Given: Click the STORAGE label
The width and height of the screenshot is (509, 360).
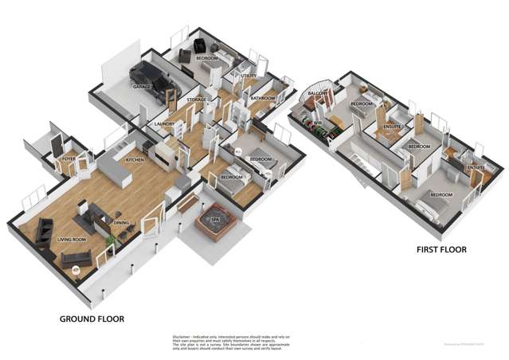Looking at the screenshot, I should point(197,100).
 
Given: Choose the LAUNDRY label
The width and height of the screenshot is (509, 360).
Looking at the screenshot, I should point(165,124).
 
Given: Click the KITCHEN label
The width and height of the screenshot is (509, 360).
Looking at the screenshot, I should point(135,160).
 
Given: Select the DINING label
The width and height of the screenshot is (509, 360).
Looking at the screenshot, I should point(121,223).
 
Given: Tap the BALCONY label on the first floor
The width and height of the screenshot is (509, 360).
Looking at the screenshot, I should point(319,94).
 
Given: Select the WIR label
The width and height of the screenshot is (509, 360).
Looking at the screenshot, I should point(316,124).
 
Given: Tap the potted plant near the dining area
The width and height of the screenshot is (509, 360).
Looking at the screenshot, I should point(109,240).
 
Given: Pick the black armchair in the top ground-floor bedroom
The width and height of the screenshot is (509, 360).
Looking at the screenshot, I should point(188,56).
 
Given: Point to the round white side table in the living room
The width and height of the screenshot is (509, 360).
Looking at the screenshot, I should point(76,271).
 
